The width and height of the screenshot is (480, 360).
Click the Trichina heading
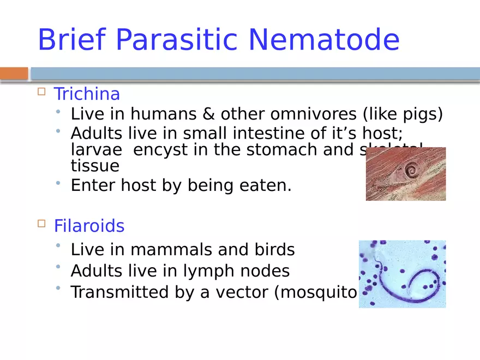(x=87, y=94)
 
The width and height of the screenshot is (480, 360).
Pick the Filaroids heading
(x=89, y=226)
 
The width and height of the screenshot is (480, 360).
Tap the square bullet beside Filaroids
(x=41, y=224)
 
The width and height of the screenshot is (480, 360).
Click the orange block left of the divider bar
(x=14, y=73)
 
